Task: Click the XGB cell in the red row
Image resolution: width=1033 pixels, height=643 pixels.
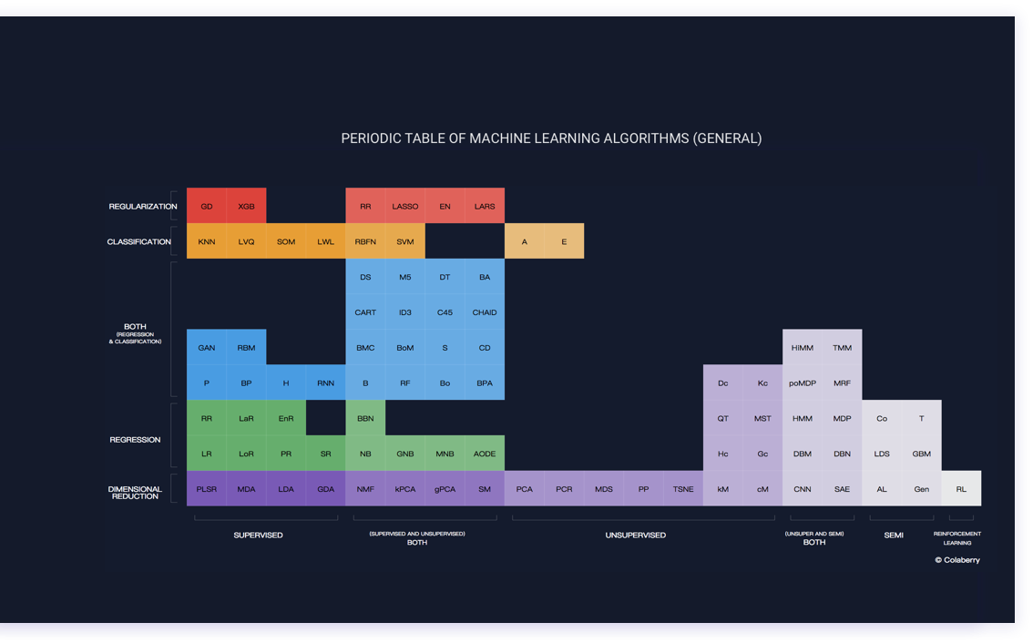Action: point(246,206)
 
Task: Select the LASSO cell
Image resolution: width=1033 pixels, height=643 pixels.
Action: point(405,206)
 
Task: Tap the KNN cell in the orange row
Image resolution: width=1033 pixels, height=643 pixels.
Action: point(207,241)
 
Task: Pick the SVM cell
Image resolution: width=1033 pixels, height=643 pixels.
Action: point(405,241)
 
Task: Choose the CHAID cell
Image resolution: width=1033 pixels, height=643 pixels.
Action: point(485,312)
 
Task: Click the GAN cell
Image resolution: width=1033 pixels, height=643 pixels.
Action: point(207,348)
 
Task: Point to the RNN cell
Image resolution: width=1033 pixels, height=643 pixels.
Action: point(325,383)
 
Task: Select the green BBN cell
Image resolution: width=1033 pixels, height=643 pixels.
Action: point(365,418)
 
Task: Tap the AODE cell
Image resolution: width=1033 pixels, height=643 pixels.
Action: point(485,454)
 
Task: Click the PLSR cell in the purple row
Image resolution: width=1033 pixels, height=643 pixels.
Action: point(207,489)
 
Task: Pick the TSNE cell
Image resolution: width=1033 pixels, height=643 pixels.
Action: point(683,489)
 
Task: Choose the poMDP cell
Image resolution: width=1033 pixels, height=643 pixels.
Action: point(803,383)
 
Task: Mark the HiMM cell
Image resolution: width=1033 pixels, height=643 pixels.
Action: point(803,348)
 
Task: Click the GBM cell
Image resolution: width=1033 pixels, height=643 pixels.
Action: point(921,454)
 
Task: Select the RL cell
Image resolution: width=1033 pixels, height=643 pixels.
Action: point(961,489)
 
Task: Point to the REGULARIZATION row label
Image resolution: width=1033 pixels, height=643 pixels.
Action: point(143,207)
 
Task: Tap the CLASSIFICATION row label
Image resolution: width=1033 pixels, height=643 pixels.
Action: point(139,241)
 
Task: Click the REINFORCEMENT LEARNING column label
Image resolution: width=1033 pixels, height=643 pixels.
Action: point(957,537)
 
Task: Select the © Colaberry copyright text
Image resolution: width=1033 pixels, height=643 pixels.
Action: point(957,560)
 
